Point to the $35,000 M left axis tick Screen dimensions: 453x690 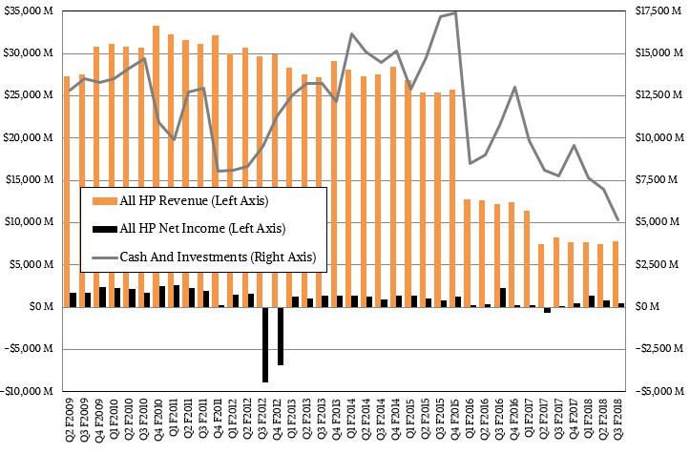pyautogui.click(x=31, y=10)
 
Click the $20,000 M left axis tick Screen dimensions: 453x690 pyautogui.click(x=31, y=137)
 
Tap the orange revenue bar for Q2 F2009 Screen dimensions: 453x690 pyautogui.click(x=67, y=191)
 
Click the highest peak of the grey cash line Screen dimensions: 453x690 pyautogui.click(x=455, y=12)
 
